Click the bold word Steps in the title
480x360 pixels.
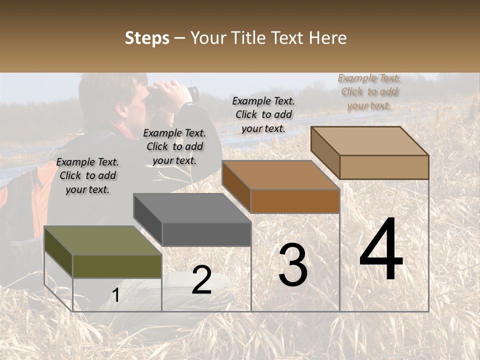tap(147, 38)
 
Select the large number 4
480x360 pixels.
tap(381, 250)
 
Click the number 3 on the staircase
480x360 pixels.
tap(293, 265)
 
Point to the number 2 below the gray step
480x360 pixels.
tap(201, 280)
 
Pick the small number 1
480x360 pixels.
tap(115, 295)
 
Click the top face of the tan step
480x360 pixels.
tap(370, 141)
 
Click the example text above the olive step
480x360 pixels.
tap(87, 175)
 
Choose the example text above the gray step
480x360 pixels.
tap(174, 146)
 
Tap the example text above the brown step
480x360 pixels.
tap(263, 114)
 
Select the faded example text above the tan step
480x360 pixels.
tap(369, 91)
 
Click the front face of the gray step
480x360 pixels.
tap(206, 234)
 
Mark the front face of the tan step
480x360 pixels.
tap(384, 167)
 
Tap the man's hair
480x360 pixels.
tap(107, 92)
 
